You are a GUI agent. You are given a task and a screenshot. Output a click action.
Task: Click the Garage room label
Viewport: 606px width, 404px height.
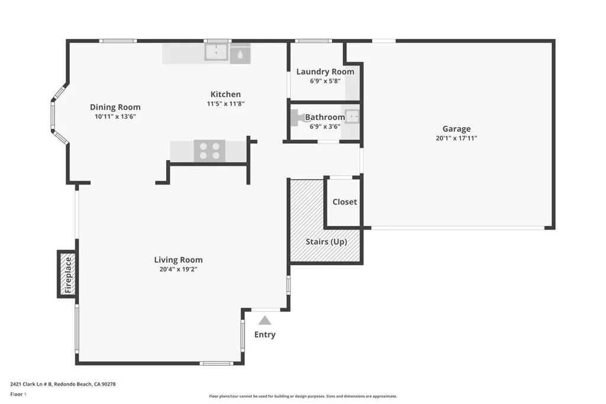[456, 129]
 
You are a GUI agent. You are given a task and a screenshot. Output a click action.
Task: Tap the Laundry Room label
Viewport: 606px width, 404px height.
[325, 72]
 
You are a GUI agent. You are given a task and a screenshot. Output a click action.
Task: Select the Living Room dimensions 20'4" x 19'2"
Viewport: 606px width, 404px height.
[178, 270]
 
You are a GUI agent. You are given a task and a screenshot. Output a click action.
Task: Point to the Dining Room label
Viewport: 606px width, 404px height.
[115, 107]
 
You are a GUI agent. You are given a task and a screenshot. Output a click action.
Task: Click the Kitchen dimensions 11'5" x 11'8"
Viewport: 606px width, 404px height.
[225, 104]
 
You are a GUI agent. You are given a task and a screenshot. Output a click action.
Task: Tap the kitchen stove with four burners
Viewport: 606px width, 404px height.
[209, 151]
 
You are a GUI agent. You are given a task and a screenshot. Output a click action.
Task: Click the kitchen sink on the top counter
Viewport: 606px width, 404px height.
[217, 53]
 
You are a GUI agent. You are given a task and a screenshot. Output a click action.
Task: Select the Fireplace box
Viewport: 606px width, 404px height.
[67, 274]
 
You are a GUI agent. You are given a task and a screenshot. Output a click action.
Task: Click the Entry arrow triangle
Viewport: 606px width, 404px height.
[265, 320]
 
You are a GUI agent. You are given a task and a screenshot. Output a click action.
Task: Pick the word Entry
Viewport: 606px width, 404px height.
[265, 335]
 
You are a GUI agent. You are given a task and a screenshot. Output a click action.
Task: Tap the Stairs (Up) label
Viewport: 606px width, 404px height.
[326, 242]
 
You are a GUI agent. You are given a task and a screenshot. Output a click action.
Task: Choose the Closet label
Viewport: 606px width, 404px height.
[344, 202]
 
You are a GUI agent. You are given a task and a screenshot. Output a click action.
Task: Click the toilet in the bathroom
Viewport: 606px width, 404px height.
[298, 118]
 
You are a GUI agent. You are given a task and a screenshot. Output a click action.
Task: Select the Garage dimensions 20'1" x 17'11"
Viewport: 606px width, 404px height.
[456, 138]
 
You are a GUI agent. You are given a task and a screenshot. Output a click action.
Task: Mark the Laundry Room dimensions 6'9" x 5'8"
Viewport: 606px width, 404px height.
[325, 81]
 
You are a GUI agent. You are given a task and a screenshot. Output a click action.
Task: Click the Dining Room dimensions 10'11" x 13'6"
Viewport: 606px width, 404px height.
[115, 117]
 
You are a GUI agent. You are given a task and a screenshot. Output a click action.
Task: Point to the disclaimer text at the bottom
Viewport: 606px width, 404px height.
[302, 396]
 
